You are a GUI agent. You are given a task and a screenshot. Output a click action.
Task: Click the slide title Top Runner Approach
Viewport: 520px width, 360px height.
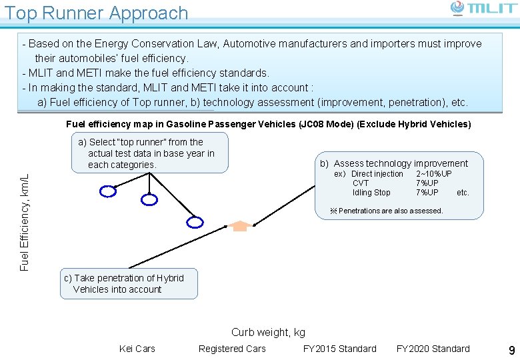click(x=97, y=13)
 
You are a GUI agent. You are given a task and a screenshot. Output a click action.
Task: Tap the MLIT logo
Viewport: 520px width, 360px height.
click(x=483, y=8)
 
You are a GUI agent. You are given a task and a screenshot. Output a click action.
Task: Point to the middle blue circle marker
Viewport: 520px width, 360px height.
click(x=150, y=199)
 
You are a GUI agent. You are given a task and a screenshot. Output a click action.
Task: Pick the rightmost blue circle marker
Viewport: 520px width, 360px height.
click(x=194, y=222)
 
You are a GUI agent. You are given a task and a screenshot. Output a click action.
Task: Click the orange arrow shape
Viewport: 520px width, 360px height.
click(x=240, y=225)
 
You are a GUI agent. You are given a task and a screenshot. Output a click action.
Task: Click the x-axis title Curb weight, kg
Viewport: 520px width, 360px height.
click(x=268, y=332)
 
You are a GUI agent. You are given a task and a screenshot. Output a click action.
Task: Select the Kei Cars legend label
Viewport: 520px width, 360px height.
click(x=137, y=349)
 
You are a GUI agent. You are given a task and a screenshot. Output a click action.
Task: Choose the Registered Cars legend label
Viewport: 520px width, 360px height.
click(x=232, y=349)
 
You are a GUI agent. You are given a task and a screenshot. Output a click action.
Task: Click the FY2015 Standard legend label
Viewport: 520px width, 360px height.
click(x=339, y=349)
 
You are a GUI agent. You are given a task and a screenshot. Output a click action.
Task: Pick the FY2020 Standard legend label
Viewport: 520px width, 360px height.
click(x=433, y=349)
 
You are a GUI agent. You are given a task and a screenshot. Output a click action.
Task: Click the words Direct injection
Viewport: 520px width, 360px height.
click(x=377, y=174)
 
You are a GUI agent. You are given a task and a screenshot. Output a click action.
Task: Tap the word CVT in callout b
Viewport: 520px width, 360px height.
click(x=361, y=183)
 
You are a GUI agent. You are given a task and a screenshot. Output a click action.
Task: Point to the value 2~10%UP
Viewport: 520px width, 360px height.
click(x=433, y=174)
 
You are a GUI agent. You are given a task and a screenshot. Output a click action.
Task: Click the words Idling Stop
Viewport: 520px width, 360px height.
click(x=371, y=193)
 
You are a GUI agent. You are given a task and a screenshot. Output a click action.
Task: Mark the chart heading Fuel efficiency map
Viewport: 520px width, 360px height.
click(x=268, y=124)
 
